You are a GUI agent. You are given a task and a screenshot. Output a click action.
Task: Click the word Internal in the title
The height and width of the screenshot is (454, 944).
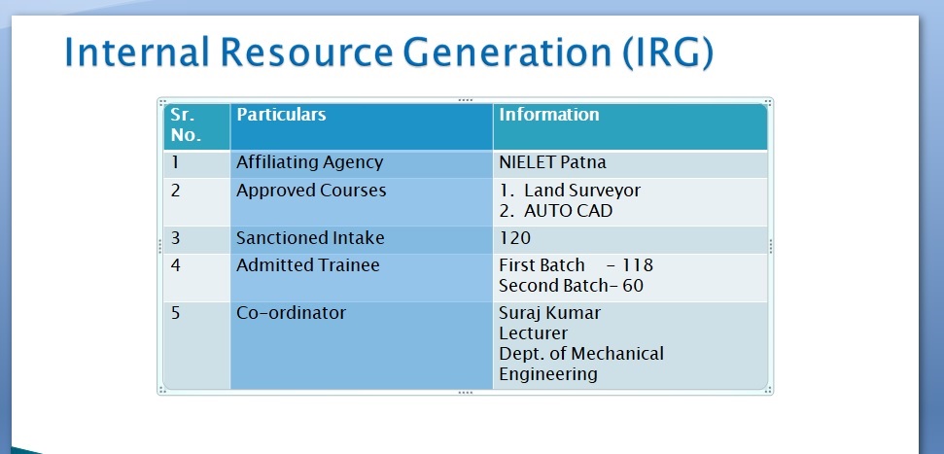point(137,52)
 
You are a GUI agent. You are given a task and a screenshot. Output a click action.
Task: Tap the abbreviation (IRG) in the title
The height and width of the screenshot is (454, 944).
point(667,52)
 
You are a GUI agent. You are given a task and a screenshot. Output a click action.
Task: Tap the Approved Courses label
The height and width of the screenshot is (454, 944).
point(311,191)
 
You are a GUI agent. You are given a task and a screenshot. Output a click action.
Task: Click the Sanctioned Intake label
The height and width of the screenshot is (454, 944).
point(310,238)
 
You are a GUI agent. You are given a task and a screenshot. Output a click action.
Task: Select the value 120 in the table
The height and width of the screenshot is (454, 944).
point(514,238)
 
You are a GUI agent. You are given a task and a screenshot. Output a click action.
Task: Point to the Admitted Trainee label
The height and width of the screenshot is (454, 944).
point(307,265)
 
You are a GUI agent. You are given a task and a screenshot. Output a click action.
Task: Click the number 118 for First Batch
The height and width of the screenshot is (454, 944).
point(638,265)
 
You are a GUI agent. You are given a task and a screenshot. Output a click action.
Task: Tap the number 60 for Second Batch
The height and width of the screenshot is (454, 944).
point(633,286)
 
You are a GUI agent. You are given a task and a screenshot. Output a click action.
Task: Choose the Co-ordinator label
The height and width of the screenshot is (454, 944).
point(291,313)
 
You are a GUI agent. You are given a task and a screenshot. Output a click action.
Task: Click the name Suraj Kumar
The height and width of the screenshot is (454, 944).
point(549,314)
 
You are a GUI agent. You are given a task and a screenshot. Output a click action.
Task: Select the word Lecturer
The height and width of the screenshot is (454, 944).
point(534,333)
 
